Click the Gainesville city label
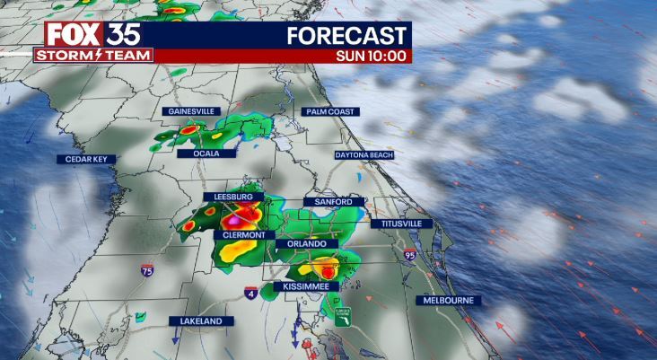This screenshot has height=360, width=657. point(190,110)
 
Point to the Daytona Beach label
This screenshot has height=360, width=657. point(364,154)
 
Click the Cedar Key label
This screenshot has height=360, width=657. point(86,159)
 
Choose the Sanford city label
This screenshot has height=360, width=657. point(333,202)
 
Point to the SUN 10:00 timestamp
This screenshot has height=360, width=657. point(372,56)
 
